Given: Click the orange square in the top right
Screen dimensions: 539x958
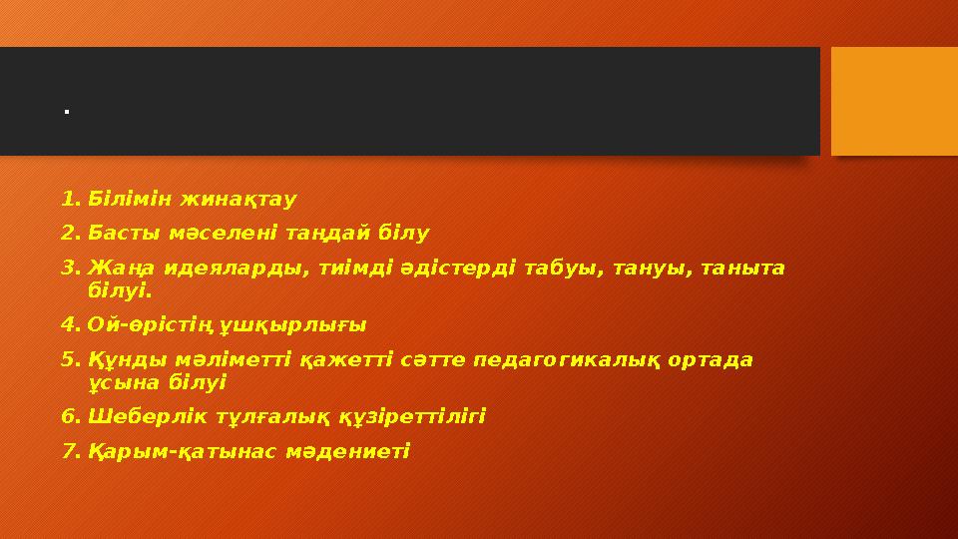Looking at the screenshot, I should point(894,101).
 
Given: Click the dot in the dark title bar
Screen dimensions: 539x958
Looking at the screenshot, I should point(65,111).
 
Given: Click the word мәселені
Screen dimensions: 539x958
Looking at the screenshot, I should point(203,234).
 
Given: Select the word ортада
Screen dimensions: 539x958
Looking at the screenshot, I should point(715,359).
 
